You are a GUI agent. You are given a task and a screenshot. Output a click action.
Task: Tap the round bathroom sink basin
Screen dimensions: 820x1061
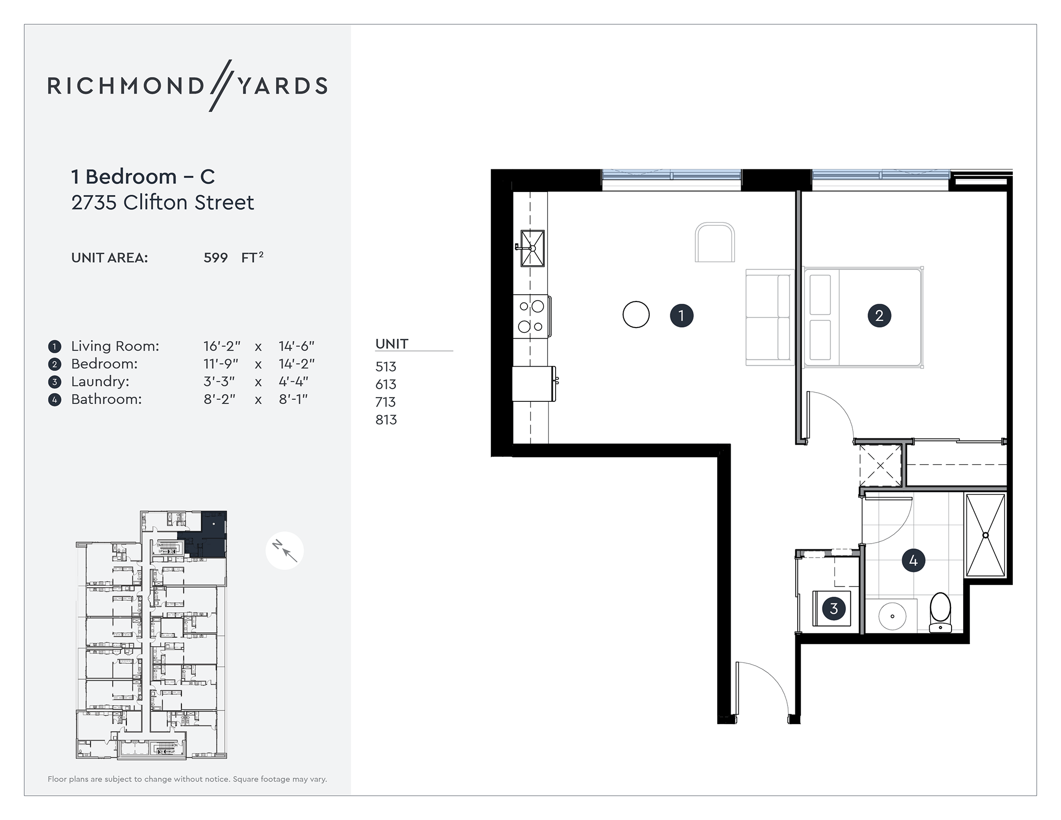[892, 616]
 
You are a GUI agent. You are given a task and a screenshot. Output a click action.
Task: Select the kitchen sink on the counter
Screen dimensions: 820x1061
[532, 248]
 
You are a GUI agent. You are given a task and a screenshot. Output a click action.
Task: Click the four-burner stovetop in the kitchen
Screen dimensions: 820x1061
[531, 316]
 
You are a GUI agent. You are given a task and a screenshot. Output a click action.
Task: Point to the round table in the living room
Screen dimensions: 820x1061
[636, 315]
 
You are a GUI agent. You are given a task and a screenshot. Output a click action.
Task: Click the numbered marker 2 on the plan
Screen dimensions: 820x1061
[879, 316]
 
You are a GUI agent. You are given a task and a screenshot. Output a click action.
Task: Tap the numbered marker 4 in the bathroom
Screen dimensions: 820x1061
[913, 561]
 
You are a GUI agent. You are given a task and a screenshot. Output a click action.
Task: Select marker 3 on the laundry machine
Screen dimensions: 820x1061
[834, 608]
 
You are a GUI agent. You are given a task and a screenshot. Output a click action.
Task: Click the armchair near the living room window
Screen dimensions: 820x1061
[715, 243]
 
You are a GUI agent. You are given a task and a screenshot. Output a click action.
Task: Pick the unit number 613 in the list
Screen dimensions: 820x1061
[386, 384]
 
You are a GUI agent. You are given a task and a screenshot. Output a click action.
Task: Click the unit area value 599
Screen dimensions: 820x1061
[215, 258]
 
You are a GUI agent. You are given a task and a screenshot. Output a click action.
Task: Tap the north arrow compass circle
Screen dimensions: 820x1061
[285, 550]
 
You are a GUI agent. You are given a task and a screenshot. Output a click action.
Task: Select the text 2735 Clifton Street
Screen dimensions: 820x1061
[162, 203]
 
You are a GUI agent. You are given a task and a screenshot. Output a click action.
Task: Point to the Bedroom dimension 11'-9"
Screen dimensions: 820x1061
[221, 364]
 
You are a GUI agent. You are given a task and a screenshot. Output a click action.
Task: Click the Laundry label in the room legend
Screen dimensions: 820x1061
[100, 382]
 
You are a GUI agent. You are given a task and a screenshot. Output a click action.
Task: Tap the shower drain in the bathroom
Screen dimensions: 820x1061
[986, 535]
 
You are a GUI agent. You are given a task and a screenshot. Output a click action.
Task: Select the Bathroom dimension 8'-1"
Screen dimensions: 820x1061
[293, 399]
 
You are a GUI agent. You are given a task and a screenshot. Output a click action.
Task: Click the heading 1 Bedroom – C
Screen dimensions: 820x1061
[143, 177]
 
